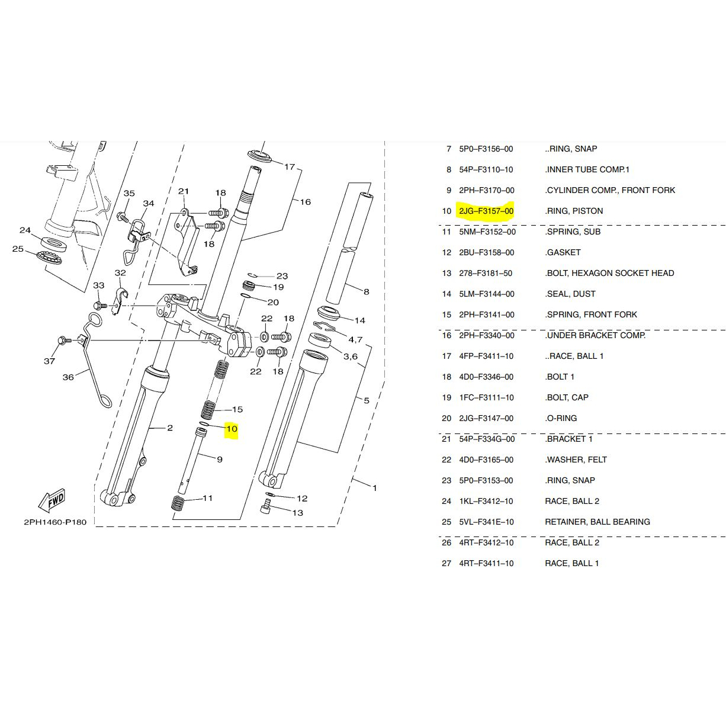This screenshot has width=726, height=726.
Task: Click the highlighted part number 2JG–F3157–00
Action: (x=486, y=211)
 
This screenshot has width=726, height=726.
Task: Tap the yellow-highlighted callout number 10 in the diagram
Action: (x=232, y=429)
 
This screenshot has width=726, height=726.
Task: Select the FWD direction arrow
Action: (x=52, y=500)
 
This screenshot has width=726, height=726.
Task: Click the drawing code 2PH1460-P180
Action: (x=55, y=522)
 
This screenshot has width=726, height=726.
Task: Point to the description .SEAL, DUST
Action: (x=570, y=294)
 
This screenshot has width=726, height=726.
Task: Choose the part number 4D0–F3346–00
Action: (x=486, y=377)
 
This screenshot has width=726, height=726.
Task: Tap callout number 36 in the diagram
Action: (x=69, y=377)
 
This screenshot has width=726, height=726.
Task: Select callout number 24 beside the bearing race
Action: (x=25, y=230)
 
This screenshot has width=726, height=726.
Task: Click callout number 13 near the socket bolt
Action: (x=297, y=513)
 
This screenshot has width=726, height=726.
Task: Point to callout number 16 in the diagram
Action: (x=305, y=202)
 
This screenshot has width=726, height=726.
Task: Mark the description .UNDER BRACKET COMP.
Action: (x=595, y=335)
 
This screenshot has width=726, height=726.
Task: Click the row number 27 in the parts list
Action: (x=446, y=563)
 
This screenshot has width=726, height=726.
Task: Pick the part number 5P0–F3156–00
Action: (x=486, y=149)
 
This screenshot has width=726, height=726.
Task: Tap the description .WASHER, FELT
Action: (x=576, y=460)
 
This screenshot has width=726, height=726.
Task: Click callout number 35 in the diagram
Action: (x=129, y=194)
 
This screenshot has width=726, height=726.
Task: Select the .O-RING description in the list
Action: (x=561, y=418)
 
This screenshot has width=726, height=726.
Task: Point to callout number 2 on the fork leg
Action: (x=170, y=428)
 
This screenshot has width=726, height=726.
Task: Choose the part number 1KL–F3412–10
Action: (x=486, y=501)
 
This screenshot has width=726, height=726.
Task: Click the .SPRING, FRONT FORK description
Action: (x=591, y=314)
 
